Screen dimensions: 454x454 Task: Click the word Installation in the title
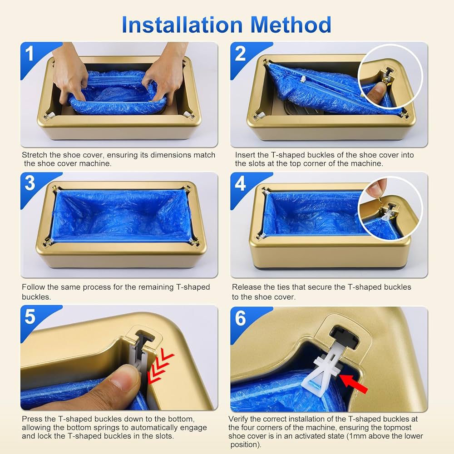coord(182,25)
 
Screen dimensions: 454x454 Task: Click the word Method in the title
coord(291,25)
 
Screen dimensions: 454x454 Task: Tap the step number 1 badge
coord(29,54)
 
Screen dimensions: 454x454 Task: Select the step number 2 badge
coord(240,54)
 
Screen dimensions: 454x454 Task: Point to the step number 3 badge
coord(30,183)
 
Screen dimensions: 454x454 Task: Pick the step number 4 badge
coord(240,183)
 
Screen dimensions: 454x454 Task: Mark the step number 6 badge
coord(240,318)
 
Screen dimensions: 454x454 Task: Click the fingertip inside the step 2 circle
coord(377,94)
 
